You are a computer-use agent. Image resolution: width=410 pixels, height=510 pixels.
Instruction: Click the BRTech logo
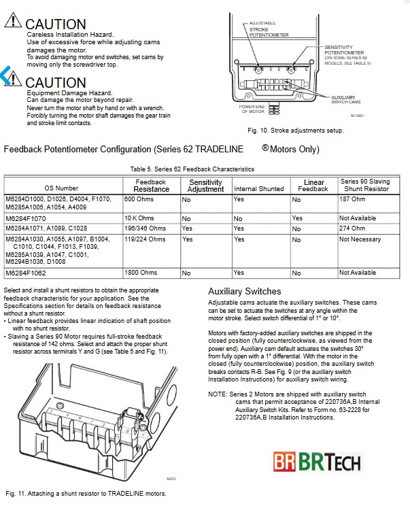(x=339, y=463)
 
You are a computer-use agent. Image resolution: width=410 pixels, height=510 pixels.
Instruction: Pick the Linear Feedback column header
(x=314, y=185)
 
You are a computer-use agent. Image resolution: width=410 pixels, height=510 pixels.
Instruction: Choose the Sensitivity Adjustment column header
(x=205, y=185)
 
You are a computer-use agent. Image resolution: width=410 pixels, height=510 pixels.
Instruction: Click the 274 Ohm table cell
(x=352, y=228)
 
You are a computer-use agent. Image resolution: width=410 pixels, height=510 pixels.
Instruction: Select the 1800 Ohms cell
(x=140, y=272)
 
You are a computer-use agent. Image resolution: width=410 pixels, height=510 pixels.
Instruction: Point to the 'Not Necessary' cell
(x=360, y=239)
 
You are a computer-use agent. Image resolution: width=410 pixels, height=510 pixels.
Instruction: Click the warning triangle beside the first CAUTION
(x=13, y=22)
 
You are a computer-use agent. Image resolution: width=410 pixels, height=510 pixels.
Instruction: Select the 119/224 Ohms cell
(x=145, y=239)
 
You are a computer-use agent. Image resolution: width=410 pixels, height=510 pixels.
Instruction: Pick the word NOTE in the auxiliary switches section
(x=217, y=393)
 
